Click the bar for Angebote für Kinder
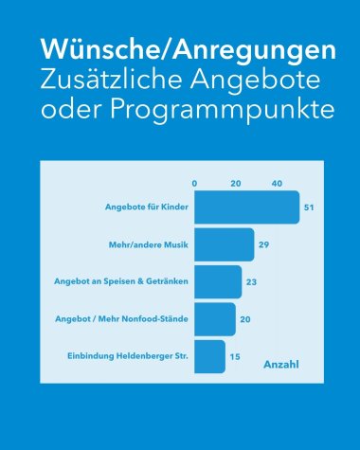pyautogui.click(x=246, y=207)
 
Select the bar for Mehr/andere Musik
pyautogui.click(x=224, y=244)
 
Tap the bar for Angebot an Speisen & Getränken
pyautogui.click(x=218, y=281)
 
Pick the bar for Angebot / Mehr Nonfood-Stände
pyautogui.click(x=214, y=319)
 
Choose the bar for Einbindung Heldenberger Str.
pyautogui.click(x=209, y=356)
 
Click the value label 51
pyautogui.click(x=308, y=207)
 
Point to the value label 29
pyautogui.click(x=264, y=244)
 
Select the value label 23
pyautogui.click(x=252, y=281)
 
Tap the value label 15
pyautogui.click(x=235, y=356)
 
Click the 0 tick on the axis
pyautogui.click(x=194, y=183)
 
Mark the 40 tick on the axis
pyautogui.click(x=278, y=183)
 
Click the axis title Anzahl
pyautogui.click(x=280, y=364)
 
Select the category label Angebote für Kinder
pyautogui.click(x=147, y=207)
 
